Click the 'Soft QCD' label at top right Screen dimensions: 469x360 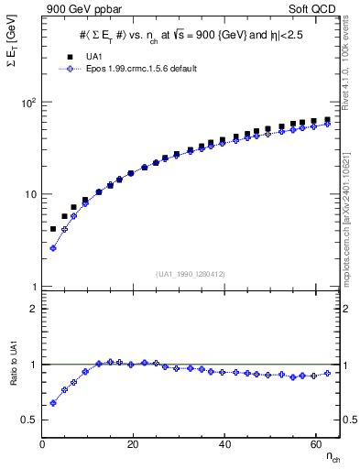[310, 8]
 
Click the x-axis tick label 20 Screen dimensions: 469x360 [133, 444]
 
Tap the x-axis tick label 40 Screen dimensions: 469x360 [224, 444]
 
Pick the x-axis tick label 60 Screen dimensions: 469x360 [315, 444]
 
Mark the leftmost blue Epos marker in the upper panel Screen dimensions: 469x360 [53, 248]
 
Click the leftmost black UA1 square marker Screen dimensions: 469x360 [53, 229]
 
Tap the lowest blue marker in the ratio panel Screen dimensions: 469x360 [53, 403]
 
